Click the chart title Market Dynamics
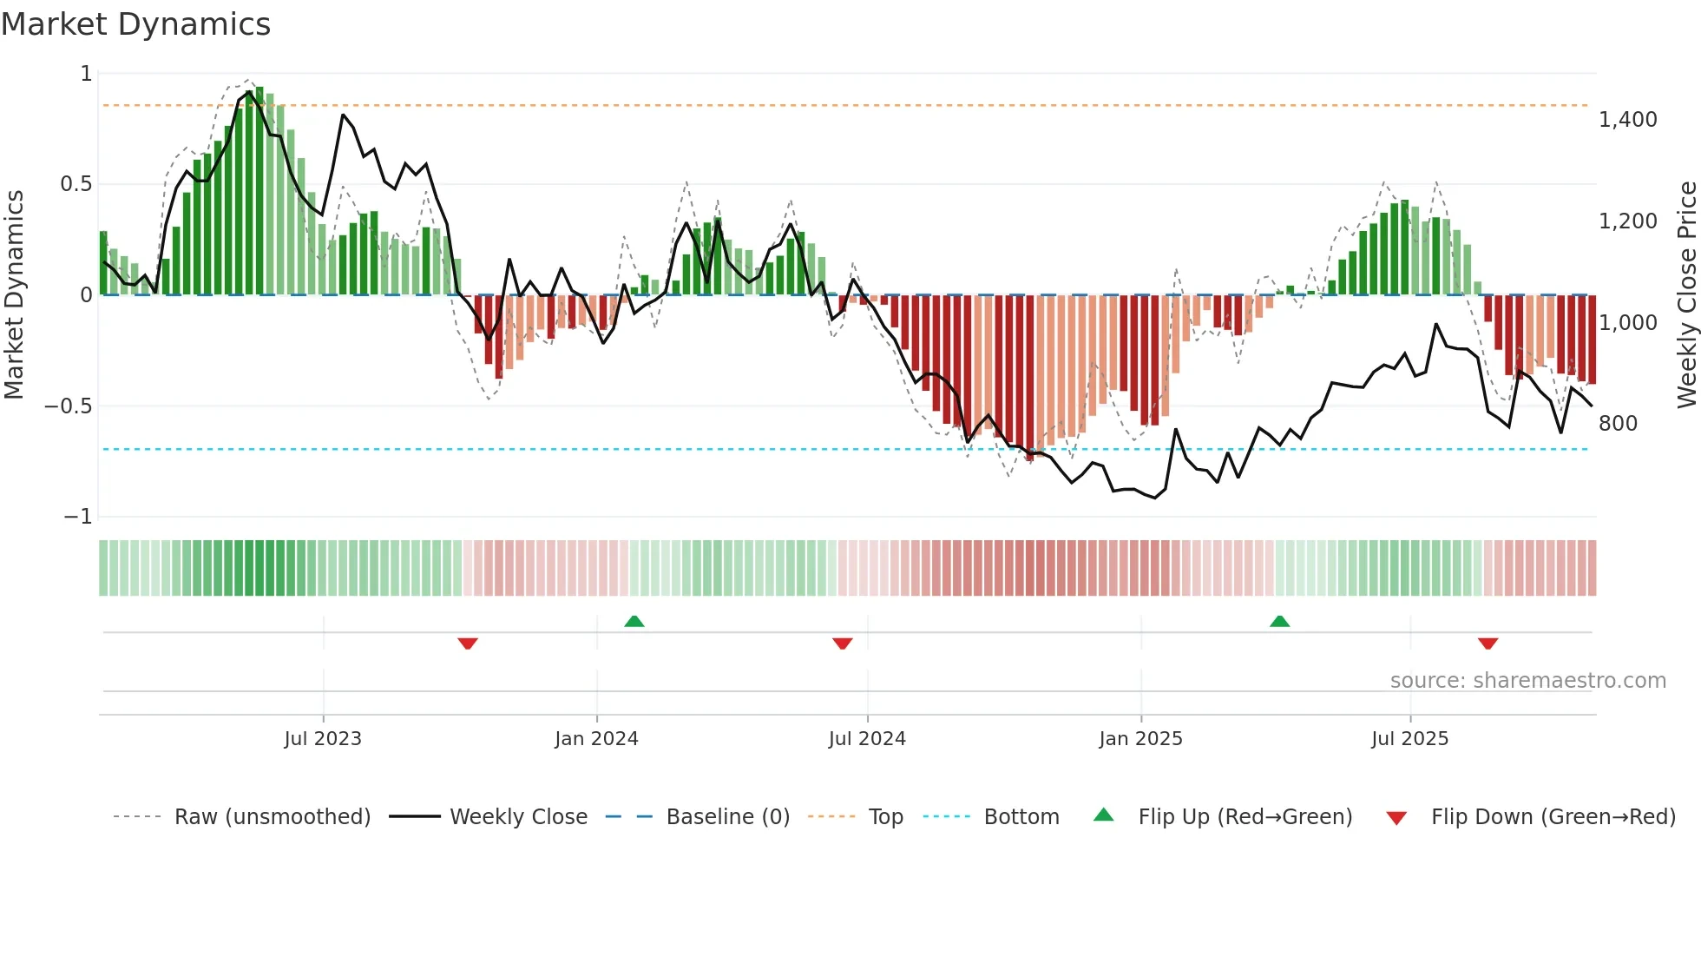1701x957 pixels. (136, 24)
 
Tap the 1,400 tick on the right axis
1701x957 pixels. (1627, 120)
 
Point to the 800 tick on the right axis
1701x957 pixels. (1618, 424)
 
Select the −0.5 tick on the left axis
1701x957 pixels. (68, 406)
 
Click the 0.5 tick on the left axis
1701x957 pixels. (76, 184)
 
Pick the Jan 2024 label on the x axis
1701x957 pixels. (596, 739)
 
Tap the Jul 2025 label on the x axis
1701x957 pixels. (1409, 739)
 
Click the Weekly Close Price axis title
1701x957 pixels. (1686, 294)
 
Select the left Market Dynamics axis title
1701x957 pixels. (14, 294)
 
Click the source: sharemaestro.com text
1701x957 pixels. (1527, 681)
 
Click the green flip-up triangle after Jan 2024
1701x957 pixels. (634, 621)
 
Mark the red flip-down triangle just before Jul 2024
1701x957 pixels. (842, 643)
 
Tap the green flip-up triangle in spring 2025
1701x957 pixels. (1279, 621)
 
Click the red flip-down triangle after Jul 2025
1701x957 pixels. (1488, 643)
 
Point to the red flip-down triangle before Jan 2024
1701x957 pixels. (468, 643)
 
